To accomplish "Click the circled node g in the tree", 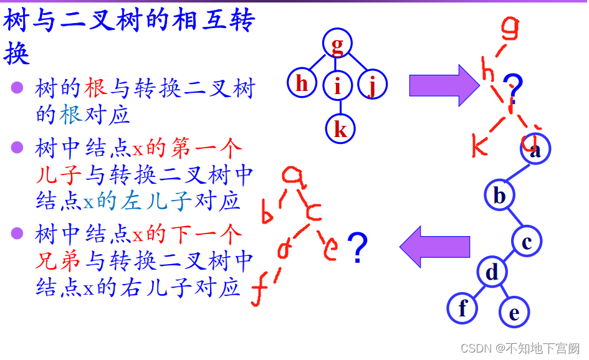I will pos(337,44).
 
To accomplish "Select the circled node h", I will pos(302,83).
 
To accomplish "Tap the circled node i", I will pos(337,85).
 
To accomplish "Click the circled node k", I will pos(340,129).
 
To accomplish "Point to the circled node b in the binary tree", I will pos(499,195).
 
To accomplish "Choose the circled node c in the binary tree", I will pos(527,241).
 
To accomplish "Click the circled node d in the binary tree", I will pos(492,272).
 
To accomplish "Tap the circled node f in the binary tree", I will pos(462,308).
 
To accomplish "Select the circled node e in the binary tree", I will pos(514,313).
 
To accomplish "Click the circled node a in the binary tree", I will pos(535,150).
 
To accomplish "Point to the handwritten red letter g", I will pos(510,28).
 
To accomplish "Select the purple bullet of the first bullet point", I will pos(17,87).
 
